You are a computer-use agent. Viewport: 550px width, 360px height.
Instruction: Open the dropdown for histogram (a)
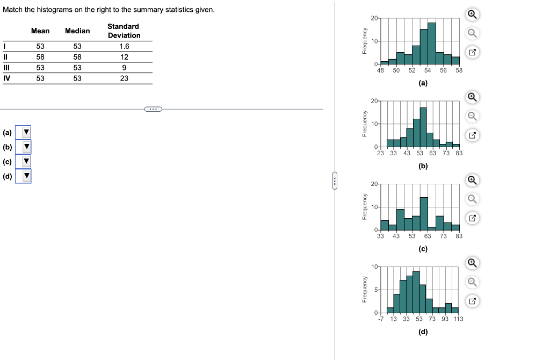click(23, 132)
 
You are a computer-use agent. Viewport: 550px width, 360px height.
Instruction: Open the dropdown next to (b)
click(23, 146)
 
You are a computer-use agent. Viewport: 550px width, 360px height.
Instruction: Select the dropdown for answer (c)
click(23, 161)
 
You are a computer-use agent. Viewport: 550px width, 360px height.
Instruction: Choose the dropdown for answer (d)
click(23, 176)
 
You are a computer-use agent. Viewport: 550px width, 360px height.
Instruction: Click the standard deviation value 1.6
click(124, 46)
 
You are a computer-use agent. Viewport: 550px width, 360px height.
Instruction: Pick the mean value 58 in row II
click(40, 57)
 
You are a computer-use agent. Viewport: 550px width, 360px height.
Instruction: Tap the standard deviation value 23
click(124, 78)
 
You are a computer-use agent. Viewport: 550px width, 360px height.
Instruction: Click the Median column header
click(77, 31)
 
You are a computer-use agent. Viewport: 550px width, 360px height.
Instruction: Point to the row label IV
click(6, 78)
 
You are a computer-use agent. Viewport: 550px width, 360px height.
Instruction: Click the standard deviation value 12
click(124, 57)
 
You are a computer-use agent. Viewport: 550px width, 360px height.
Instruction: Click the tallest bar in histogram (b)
click(423, 127)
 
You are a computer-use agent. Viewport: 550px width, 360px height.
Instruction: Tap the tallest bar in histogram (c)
click(424, 213)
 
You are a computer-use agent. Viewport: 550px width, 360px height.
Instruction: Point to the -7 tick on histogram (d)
click(380, 319)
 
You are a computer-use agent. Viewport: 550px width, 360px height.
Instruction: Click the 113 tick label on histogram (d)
click(458, 319)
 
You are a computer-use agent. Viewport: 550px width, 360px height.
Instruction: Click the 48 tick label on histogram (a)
click(381, 70)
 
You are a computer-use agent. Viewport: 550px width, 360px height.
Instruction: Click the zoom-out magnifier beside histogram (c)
click(471, 199)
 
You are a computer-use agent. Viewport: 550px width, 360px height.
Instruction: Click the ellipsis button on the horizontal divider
click(153, 109)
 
